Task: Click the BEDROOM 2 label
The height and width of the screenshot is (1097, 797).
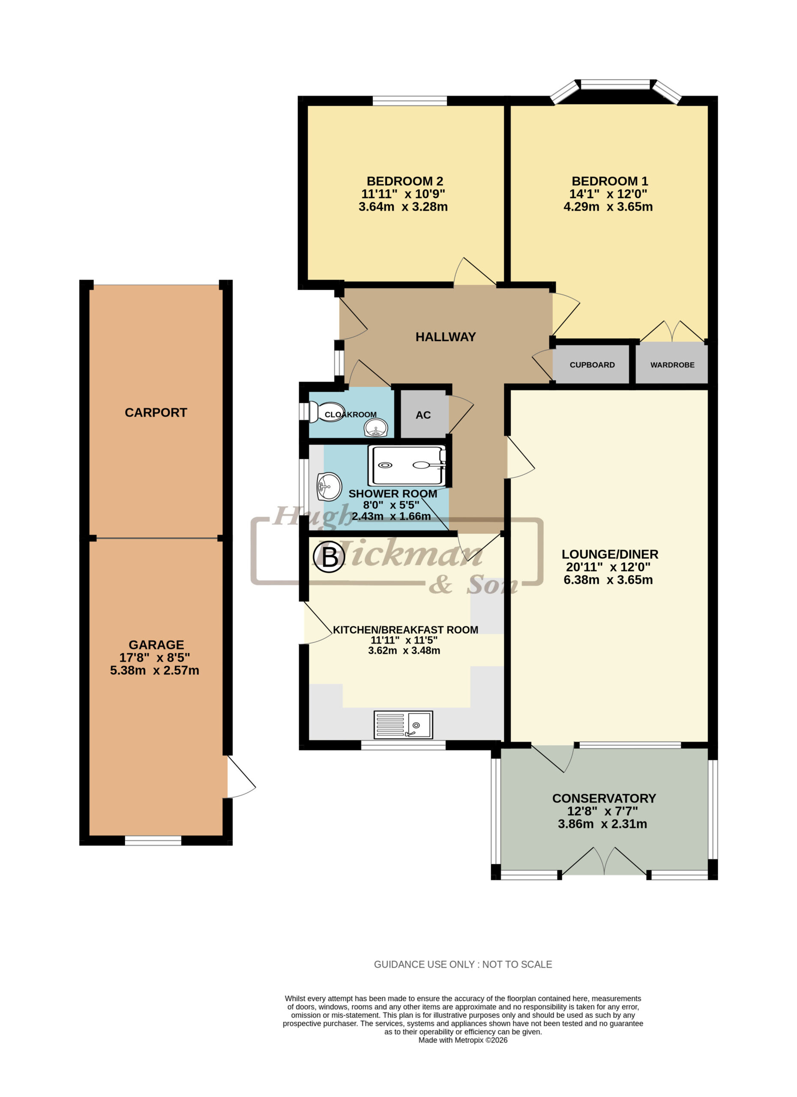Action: point(405,181)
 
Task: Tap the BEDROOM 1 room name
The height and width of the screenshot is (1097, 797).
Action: point(609,181)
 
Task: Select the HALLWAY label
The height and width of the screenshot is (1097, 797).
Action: point(445,337)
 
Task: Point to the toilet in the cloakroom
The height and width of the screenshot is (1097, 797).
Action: point(327,412)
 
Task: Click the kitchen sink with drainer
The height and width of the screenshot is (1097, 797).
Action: point(403,725)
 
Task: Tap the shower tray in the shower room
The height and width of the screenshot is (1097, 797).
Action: point(407,465)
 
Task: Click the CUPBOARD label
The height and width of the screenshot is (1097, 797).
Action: point(592,365)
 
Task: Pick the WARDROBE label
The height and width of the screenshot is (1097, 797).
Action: point(672,365)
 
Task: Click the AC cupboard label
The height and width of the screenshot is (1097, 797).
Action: point(423,415)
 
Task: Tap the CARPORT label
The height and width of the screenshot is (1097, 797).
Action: point(156,413)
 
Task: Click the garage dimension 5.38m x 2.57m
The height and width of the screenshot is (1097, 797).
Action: point(154,670)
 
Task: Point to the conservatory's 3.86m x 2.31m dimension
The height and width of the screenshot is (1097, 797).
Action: point(602,824)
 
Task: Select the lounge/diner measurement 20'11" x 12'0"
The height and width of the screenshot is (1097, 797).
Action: point(608,567)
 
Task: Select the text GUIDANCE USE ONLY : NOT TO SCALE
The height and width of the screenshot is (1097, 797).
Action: point(463,965)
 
